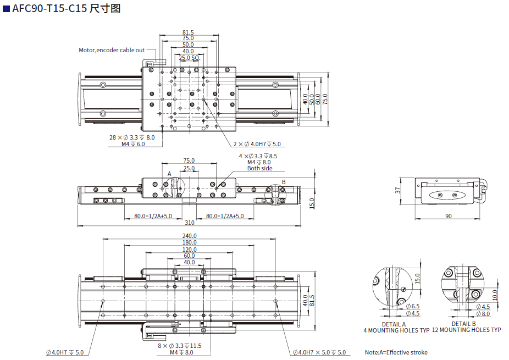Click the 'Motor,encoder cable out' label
point(112,50)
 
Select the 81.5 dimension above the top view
point(188,32)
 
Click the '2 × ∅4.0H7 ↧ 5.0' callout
point(257,144)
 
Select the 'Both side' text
point(259,168)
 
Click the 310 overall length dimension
point(189,223)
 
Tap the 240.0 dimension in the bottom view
point(189,236)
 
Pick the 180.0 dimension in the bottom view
point(189,242)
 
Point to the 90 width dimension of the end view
point(448,216)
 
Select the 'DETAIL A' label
point(394,324)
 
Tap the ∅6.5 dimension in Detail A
point(413,306)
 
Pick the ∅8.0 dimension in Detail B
point(482,314)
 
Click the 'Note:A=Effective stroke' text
point(396,352)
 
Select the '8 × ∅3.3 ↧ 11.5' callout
point(180,346)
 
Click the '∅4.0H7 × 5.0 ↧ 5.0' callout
point(319,352)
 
